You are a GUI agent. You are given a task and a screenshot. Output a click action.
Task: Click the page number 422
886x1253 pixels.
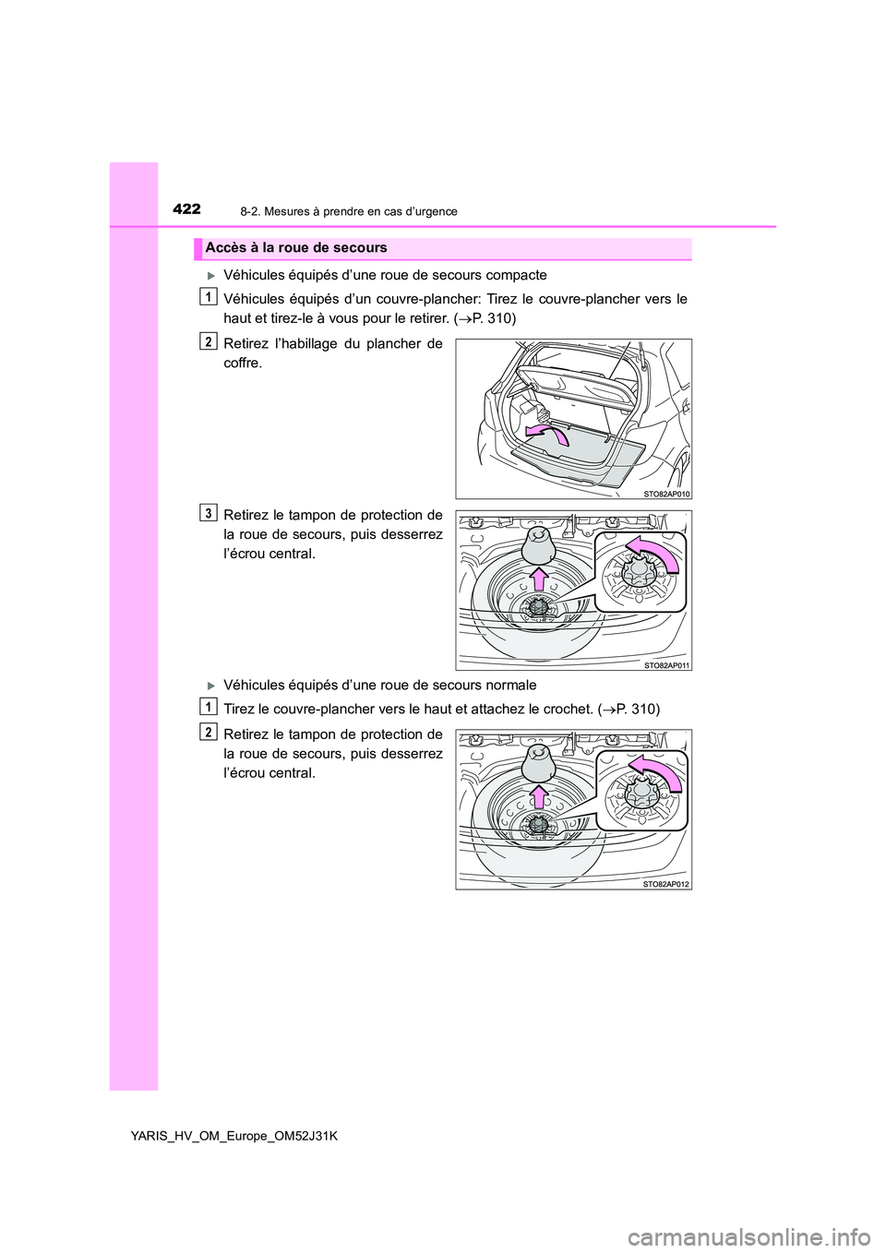186,209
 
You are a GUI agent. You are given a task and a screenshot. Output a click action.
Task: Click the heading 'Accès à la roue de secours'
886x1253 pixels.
296,248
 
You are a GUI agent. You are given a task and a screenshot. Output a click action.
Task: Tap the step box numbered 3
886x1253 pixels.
209,513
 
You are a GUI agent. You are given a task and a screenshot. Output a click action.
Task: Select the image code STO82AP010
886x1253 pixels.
666,494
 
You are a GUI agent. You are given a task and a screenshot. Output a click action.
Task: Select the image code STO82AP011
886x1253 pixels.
666,665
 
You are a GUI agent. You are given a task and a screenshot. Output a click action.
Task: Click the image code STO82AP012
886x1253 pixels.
666,884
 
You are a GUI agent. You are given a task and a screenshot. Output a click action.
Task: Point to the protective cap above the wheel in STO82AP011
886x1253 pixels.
539,545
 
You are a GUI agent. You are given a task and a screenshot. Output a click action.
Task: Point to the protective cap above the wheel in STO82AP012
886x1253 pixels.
539,764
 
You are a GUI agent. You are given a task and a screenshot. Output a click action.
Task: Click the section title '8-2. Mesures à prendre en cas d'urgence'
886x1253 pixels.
348,211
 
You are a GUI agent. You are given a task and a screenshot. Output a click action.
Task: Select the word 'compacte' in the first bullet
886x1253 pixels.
519,275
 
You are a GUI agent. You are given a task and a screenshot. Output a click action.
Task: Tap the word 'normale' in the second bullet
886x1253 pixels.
511,685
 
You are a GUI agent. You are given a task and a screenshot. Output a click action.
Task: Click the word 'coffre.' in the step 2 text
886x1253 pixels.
243,364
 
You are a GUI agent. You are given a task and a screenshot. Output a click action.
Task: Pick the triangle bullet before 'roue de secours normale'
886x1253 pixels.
210,686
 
